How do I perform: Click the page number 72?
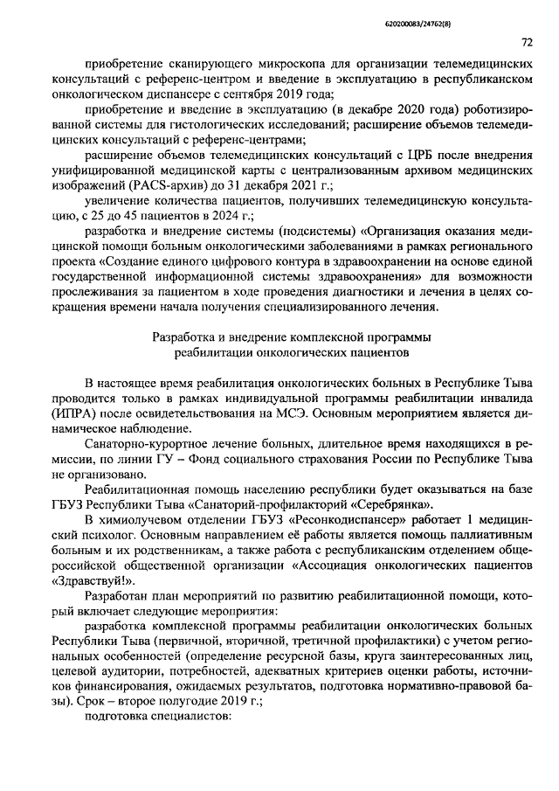[x=528, y=42]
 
